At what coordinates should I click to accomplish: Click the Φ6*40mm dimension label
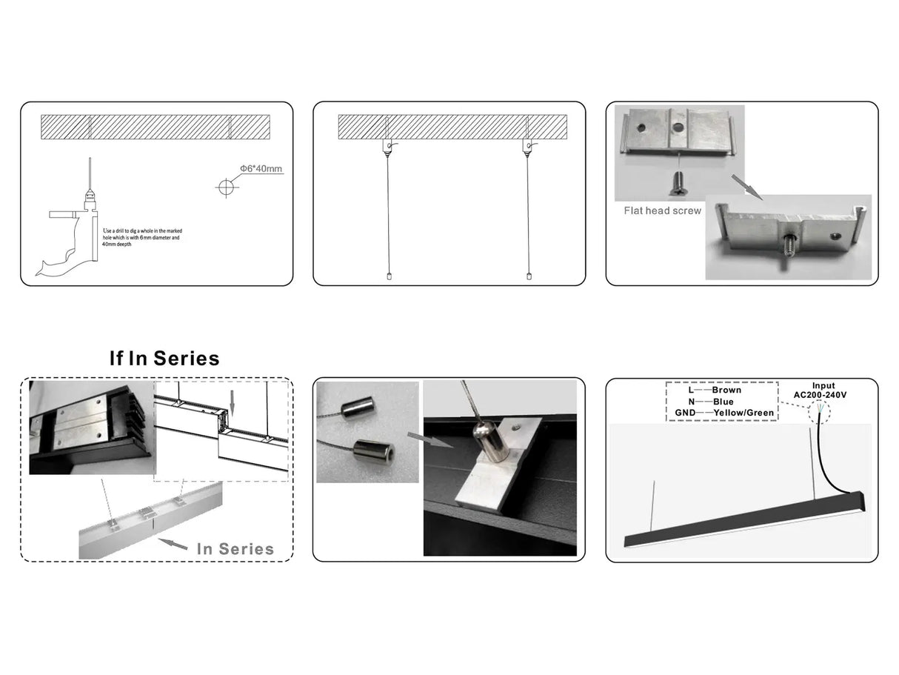[261, 169]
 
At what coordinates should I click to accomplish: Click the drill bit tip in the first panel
[90, 166]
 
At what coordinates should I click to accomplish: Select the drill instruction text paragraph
[141, 237]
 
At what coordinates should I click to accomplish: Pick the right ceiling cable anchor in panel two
[527, 145]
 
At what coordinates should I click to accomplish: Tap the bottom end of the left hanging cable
[388, 276]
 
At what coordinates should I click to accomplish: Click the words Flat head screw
[662, 210]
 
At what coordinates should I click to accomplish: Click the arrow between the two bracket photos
[745, 187]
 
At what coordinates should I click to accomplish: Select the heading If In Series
[164, 359]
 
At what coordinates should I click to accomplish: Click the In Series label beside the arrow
[235, 549]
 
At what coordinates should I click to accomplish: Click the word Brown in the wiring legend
[726, 390]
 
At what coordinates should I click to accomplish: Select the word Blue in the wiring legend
[723, 402]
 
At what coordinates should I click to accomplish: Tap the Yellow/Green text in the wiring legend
[743, 413]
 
